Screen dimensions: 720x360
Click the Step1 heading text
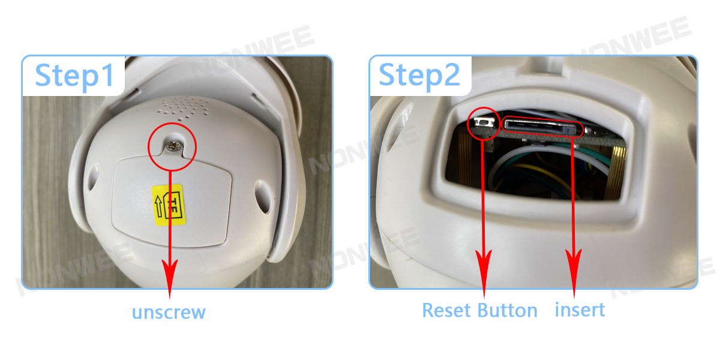tap(74, 76)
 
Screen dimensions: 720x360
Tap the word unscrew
tap(169, 313)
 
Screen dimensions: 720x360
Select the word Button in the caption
tap(507, 311)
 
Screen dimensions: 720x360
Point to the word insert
tap(580, 310)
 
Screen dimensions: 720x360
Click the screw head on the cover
tap(173, 146)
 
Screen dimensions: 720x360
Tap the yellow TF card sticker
tap(169, 205)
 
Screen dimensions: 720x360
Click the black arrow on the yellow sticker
tap(158, 206)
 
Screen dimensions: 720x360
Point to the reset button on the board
tap(484, 122)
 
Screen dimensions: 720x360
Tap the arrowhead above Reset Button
tap(484, 272)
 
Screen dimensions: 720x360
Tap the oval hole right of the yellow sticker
tap(263, 197)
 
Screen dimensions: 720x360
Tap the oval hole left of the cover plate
tap(93, 178)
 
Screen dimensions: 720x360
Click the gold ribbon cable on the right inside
tap(615, 172)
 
